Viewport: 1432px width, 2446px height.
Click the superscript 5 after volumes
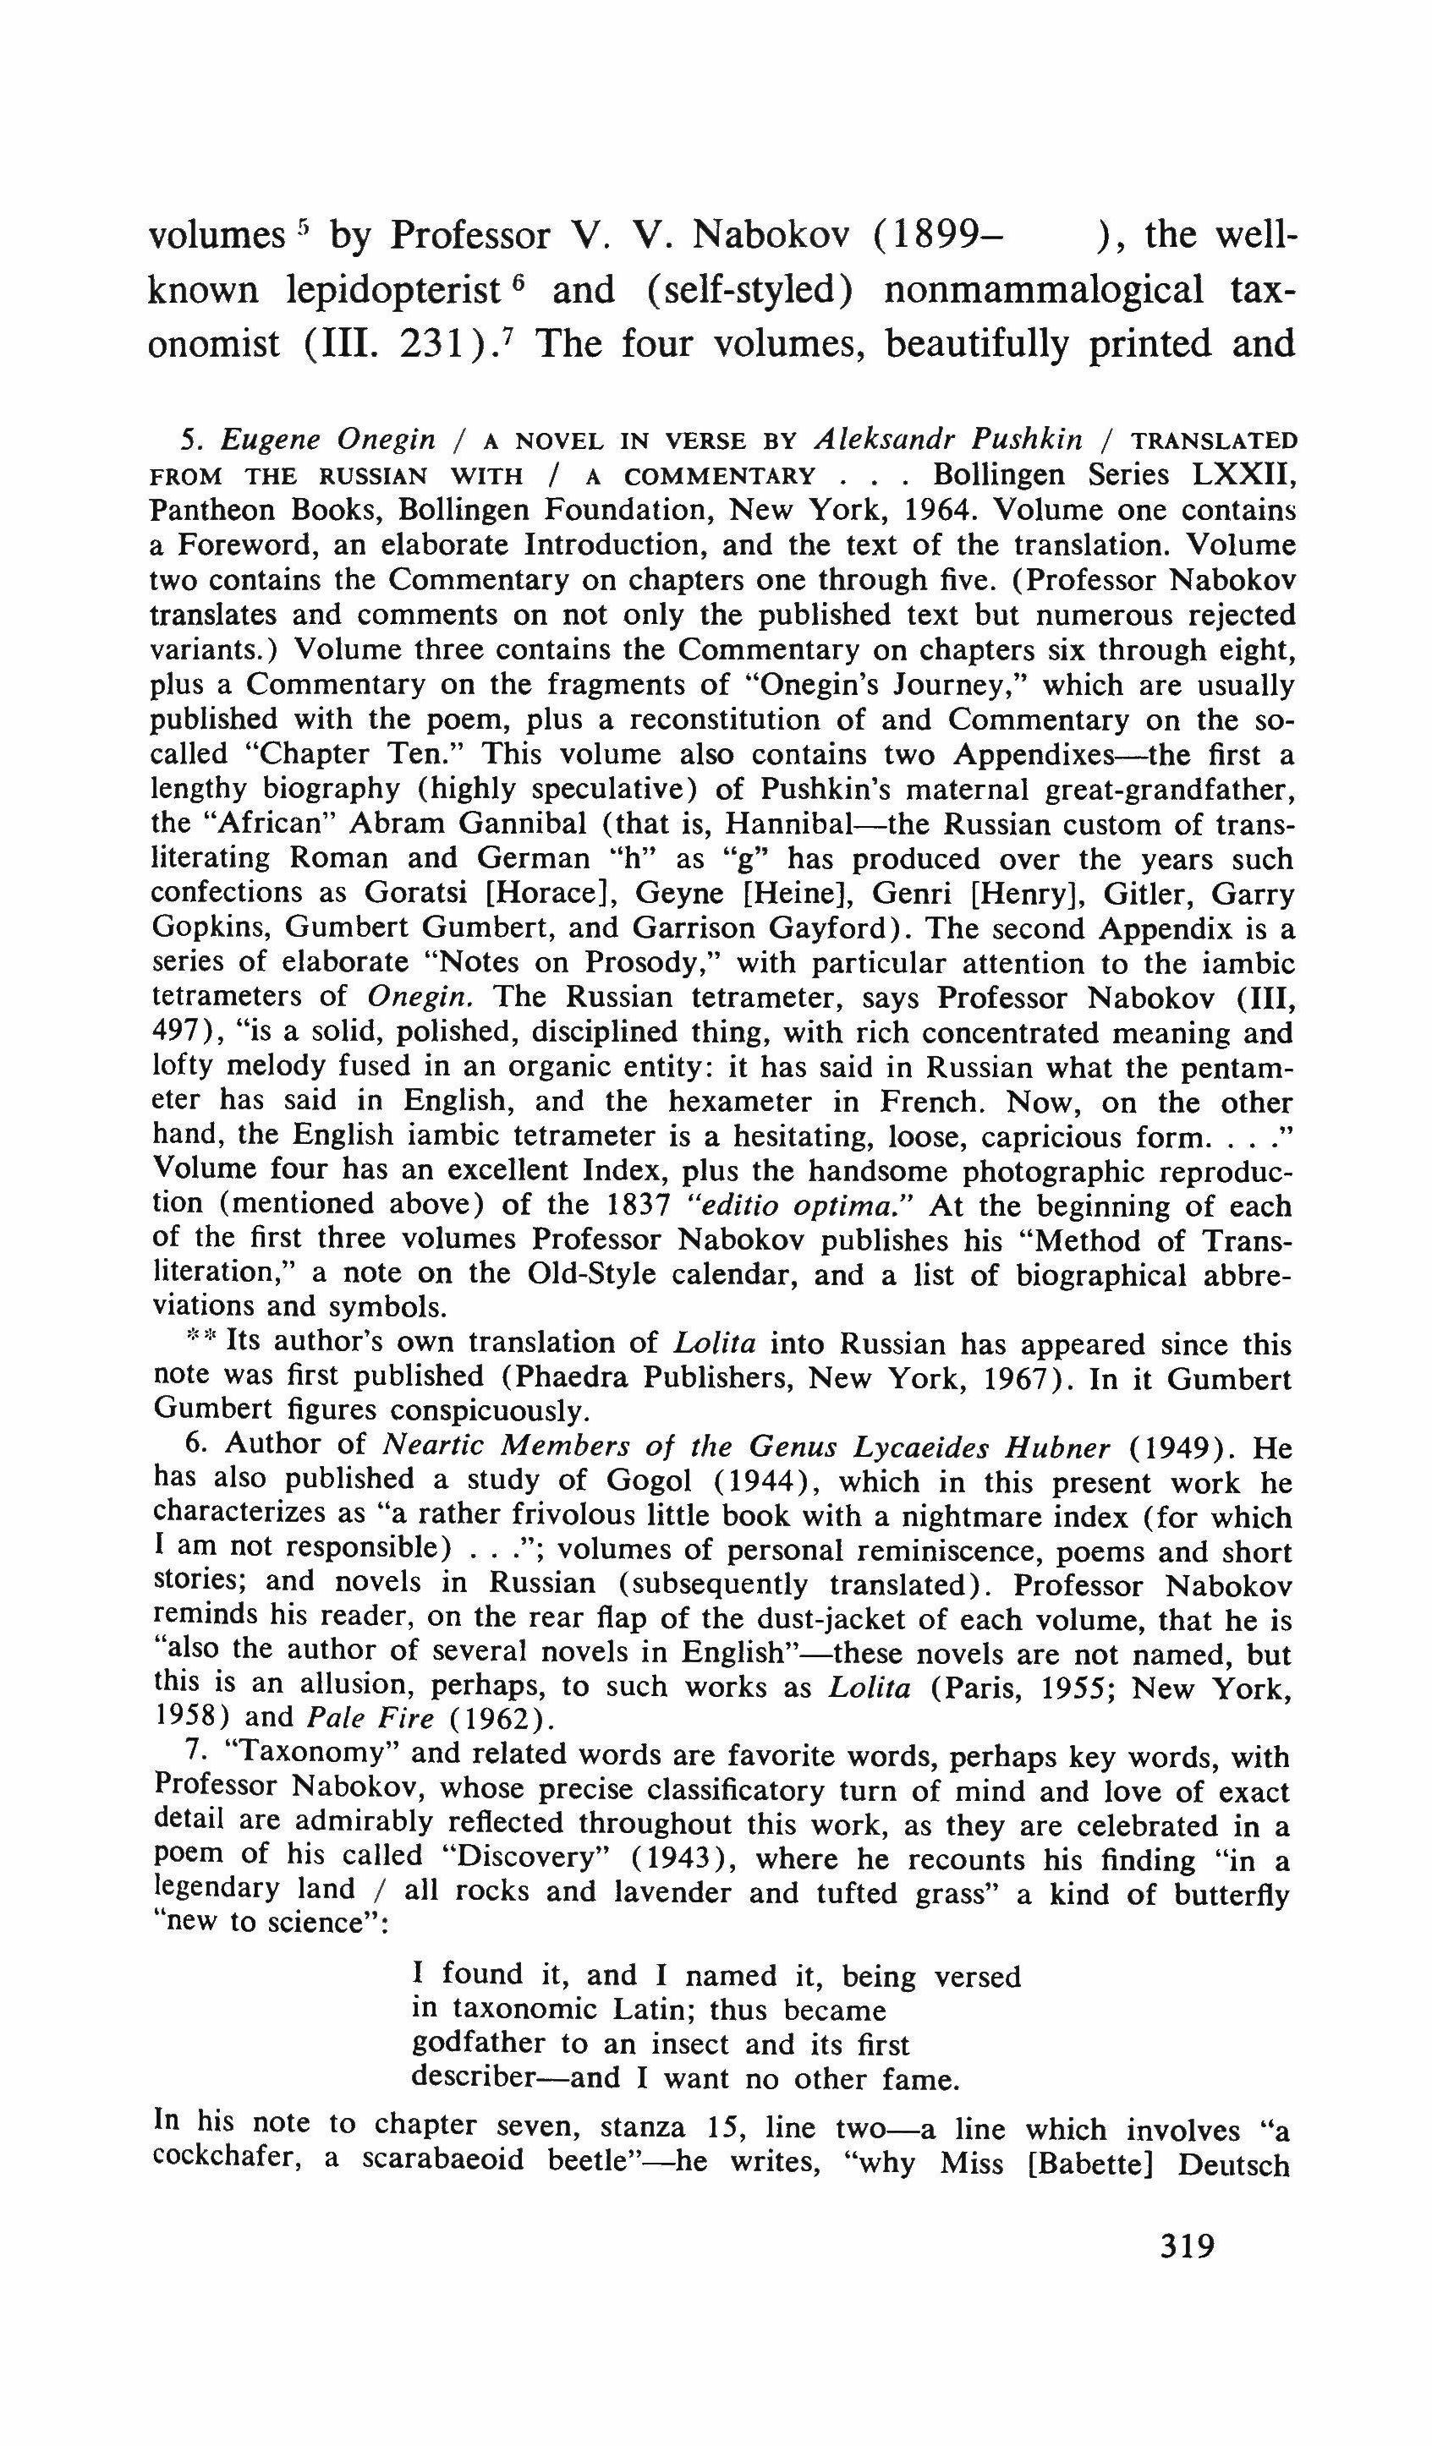tap(304, 229)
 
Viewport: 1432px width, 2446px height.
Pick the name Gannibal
tap(524, 824)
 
